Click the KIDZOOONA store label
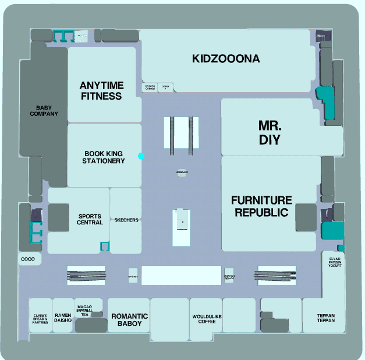click(226, 59)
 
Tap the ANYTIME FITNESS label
click(101, 91)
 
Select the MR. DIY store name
click(270, 133)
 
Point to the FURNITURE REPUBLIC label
click(261, 206)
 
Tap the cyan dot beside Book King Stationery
click(141, 156)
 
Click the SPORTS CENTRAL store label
click(90, 220)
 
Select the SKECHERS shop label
click(126, 220)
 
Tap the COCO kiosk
click(28, 259)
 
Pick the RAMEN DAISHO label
click(63, 317)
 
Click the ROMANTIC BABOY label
click(129, 319)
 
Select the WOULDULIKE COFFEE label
click(207, 319)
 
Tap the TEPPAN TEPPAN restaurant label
click(326, 319)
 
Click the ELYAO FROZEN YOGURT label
click(334, 266)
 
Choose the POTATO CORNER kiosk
click(150, 87)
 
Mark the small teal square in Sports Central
click(105, 246)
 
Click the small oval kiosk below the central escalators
click(182, 173)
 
